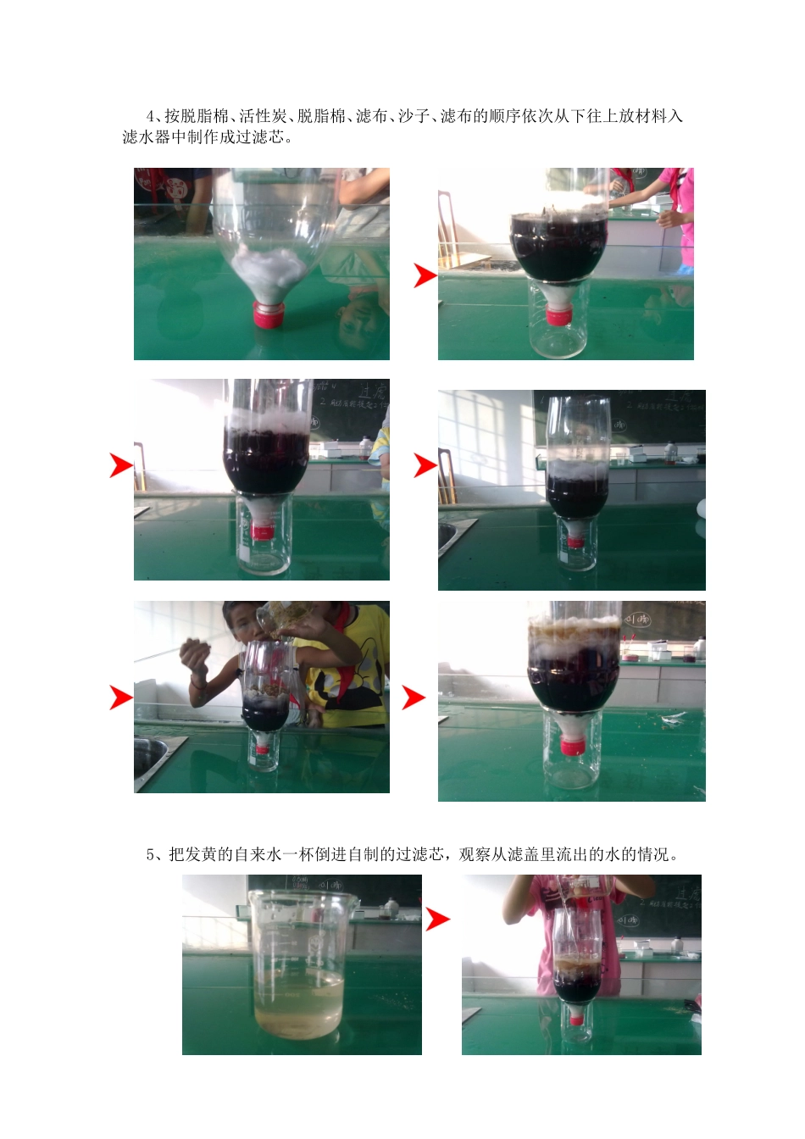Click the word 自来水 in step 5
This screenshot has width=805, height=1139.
258,854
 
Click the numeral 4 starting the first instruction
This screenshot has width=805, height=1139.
150,116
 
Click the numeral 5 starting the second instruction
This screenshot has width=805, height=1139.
150,854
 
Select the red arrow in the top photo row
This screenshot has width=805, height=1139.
425,275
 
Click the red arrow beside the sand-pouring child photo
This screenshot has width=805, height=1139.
121,697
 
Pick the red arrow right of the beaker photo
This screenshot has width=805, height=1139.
437,919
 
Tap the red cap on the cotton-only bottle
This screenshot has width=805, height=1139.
269,315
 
